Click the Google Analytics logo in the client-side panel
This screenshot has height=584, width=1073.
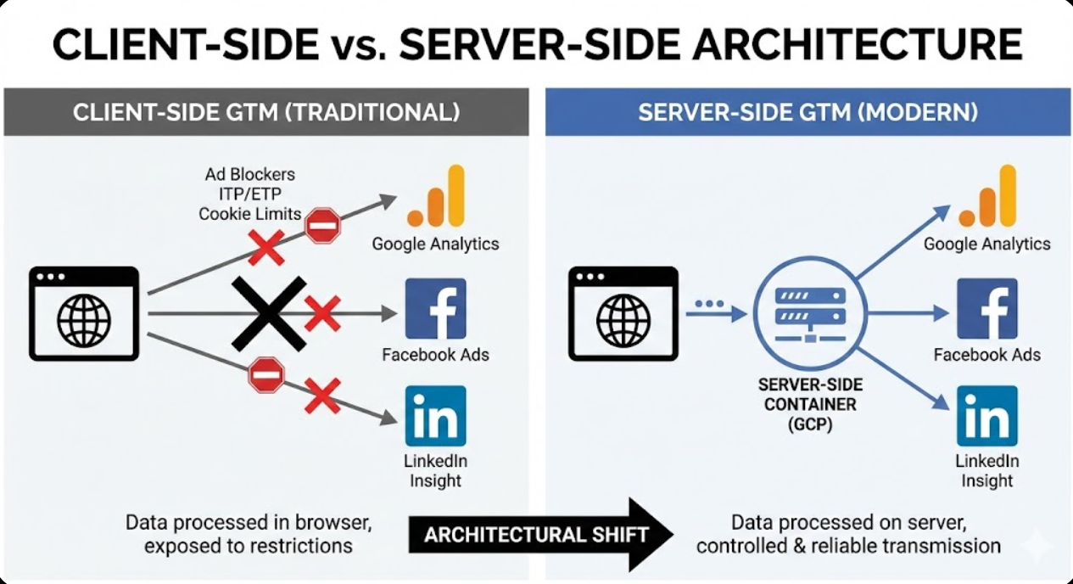pos(436,197)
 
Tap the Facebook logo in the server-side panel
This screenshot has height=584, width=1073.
pos(986,308)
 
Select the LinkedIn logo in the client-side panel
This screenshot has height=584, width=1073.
pos(435,416)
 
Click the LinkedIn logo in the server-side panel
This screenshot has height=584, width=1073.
pos(986,416)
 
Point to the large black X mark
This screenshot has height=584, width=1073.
pos(269,313)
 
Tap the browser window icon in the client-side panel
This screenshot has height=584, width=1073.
pos(83,313)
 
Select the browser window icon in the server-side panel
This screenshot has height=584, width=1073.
pos(623,313)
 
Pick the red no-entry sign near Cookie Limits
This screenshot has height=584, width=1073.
pos(322,226)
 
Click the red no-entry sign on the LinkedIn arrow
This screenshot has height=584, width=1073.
pos(265,374)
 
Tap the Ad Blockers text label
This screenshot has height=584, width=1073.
pos(250,174)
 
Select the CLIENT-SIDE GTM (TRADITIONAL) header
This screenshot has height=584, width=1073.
pos(266,112)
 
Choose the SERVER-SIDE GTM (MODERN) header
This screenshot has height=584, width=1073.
pos(808,112)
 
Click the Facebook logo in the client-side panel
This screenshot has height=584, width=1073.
pos(435,308)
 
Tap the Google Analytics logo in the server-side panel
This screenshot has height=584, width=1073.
pos(986,197)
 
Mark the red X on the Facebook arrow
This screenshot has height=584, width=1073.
pos(322,313)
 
